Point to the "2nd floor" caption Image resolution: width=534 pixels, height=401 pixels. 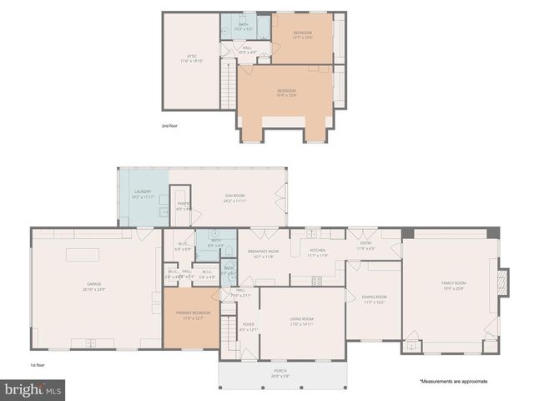[x=170, y=125]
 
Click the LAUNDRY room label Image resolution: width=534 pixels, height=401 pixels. [x=143, y=194]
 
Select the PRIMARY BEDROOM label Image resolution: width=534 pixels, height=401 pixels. [x=192, y=314]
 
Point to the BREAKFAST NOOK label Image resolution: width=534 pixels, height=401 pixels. [x=264, y=253]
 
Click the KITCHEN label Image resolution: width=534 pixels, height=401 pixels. [x=318, y=252]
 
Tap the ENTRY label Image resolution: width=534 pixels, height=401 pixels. [x=365, y=246]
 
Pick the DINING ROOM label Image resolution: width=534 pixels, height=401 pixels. [x=374, y=299]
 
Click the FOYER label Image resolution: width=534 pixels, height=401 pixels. [x=249, y=326]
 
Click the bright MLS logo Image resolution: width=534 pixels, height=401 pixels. [x=33, y=389]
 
